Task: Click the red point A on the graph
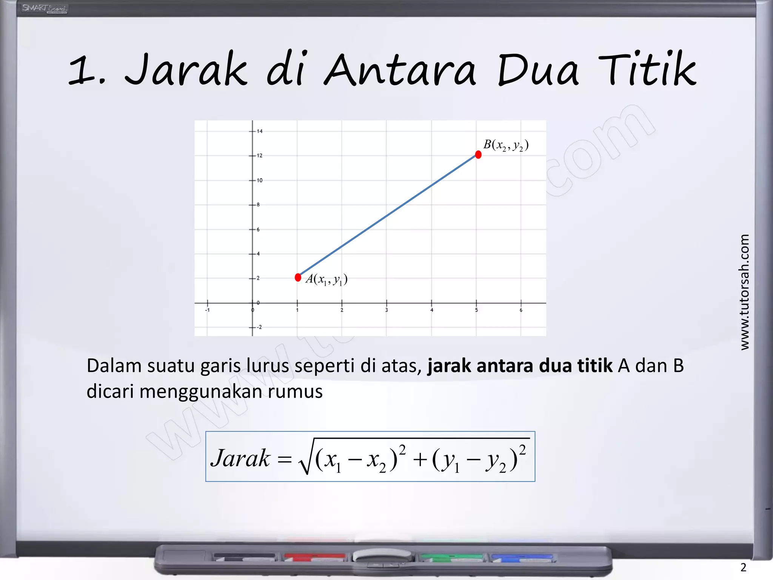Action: tap(298, 278)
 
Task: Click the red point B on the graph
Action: tap(478, 154)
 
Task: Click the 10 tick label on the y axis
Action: tap(260, 180)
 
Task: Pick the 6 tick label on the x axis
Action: tap(521, 310)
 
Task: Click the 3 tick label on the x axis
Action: tap(386, 310)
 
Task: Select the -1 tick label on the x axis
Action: tap(207, 310)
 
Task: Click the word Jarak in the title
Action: tap(186, 70)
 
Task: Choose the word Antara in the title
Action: tap(400, 70)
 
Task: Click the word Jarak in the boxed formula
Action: tap(240, 458)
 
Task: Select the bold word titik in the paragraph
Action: tap(595, 366)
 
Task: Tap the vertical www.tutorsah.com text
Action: tap(744, 292)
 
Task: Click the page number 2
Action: tap(743, 567)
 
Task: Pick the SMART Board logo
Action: tap(44, 8)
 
